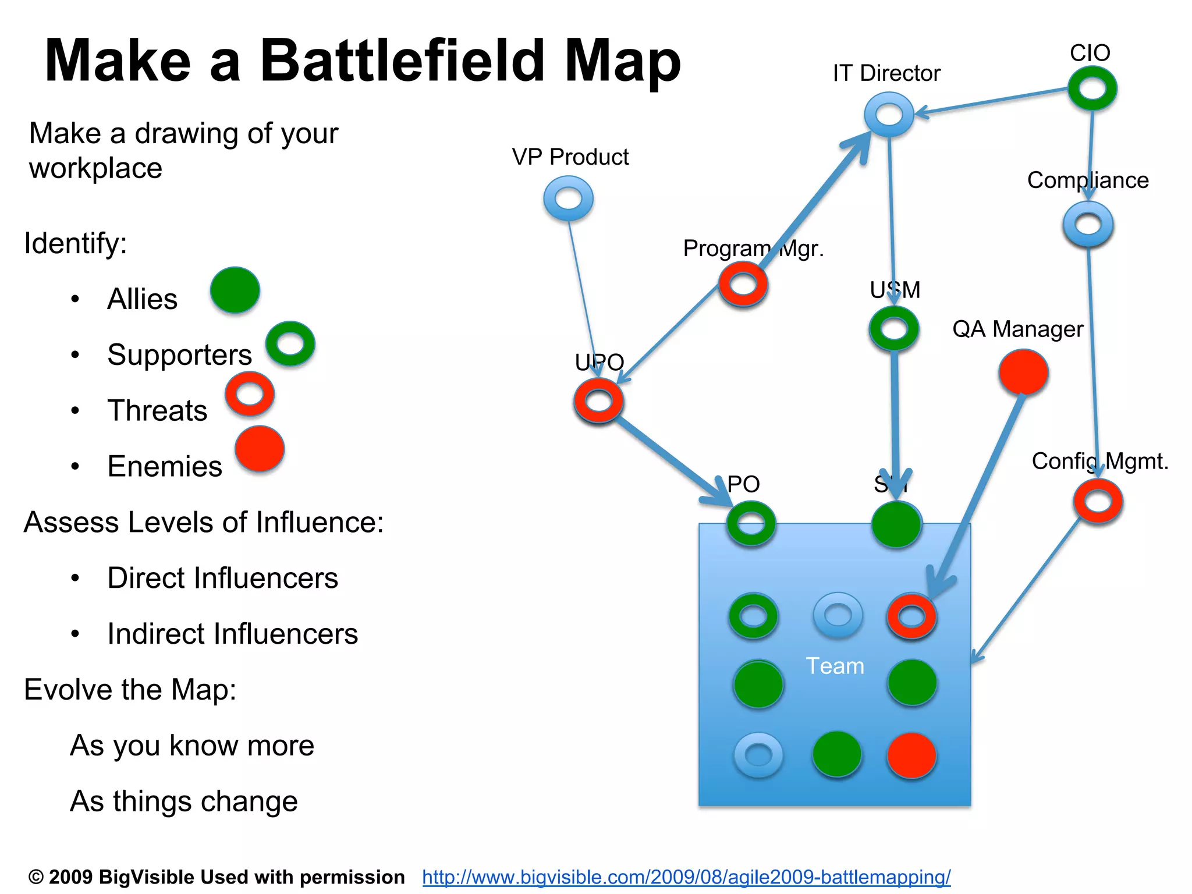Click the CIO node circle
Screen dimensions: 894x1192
click(1092, 88)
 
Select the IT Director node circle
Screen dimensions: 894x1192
click(889, 115)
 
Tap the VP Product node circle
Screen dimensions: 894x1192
click(569, 199)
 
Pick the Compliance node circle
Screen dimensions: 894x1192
click(1088, 225)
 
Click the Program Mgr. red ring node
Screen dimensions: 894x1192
click(743, 285)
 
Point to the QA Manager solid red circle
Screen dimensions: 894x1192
click(1023, 372)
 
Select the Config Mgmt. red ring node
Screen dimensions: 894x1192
click(1098, 502)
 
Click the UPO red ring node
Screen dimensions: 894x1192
click(598, 401)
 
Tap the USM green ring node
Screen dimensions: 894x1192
click(894, 329)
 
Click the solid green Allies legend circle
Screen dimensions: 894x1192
click(235, 290)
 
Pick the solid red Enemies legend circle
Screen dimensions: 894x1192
click(260, 449)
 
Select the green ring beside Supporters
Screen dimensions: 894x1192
click(290, 344)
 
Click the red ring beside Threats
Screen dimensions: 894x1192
click(250, 394)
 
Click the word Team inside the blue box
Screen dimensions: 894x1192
click(835, 666)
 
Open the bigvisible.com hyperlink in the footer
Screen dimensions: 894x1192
click(686, 877)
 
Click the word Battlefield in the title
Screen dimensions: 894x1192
click(402, 61)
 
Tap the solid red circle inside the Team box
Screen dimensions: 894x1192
click(911, 755)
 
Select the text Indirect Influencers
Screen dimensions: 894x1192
click(232, 634)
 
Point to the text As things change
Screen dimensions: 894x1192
click(184, 801)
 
